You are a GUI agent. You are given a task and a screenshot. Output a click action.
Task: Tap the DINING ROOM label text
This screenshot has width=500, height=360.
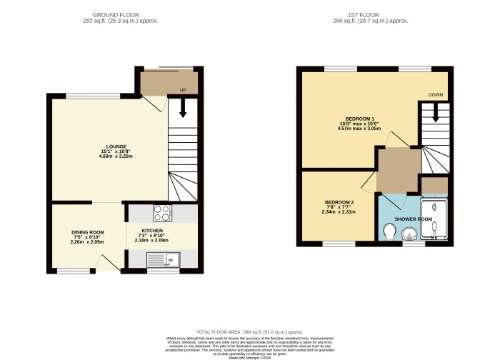pos(88,232)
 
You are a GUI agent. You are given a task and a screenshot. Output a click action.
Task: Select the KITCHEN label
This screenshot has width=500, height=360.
pos(151,231)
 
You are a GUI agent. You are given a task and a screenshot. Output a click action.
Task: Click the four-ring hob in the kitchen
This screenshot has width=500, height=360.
pos(162,212)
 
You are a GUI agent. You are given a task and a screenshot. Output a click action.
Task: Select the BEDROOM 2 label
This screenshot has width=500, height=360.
pos(338,202)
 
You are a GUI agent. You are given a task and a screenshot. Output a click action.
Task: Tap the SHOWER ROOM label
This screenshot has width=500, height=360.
pos(415,219)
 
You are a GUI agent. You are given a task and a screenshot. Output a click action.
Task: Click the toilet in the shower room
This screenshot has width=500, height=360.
pos(389,233)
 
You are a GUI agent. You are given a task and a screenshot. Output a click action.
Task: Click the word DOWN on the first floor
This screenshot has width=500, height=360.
pos(436,94)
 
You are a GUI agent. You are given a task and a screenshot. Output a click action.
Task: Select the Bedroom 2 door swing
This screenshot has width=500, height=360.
pos(368,182)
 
